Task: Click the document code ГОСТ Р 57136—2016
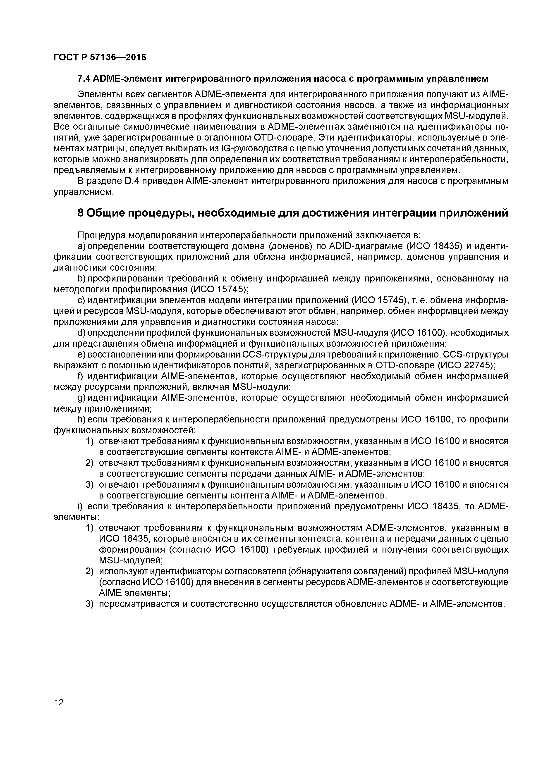[100, 58]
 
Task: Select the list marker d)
[81, 333]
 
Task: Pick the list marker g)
[81, 398]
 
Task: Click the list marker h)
[81, 420]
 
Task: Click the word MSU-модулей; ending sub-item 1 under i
[131, 561]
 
